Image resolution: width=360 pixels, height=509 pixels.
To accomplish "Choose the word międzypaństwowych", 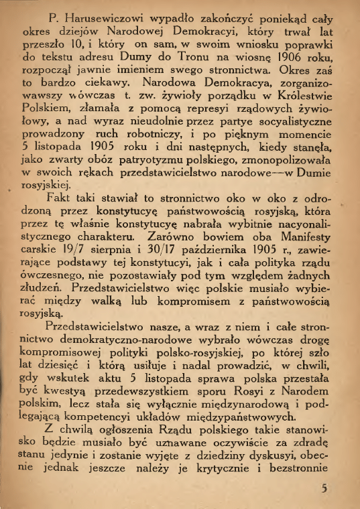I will [237, 419].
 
